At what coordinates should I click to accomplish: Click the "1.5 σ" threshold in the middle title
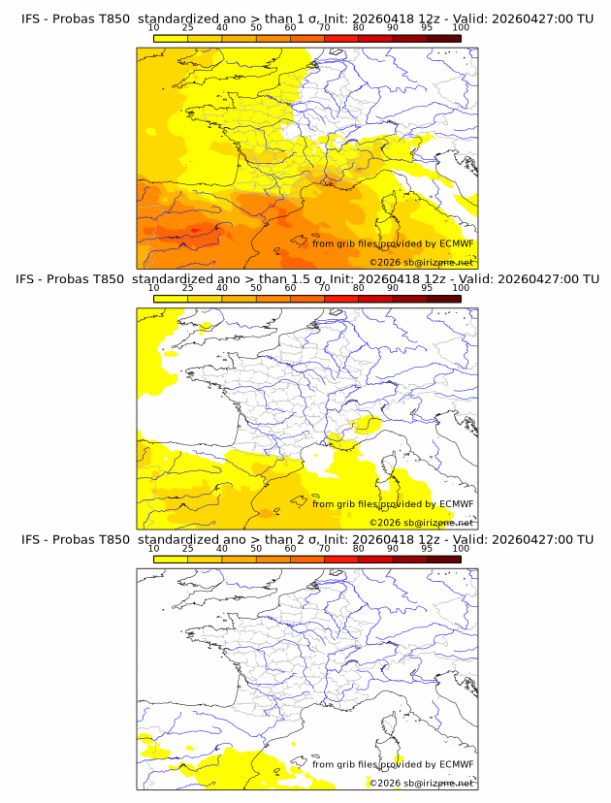(300, 279)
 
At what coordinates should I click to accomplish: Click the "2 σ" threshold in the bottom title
(296, 539)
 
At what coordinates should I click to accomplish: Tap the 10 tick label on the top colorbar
(153, 28)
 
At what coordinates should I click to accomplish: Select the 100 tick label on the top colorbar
(461, 28)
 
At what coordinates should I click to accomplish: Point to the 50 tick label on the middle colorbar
(256, 288)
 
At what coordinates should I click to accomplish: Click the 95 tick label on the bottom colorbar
(427, 548)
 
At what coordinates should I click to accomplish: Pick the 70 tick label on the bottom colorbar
(324, 548)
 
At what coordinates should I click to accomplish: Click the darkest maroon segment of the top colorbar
(443, 38)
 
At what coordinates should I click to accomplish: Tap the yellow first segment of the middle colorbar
(170, 299)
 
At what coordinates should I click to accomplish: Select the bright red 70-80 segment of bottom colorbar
(340, 559)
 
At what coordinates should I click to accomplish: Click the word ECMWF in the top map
(457, 243)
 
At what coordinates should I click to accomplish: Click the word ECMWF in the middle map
(457, 503)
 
